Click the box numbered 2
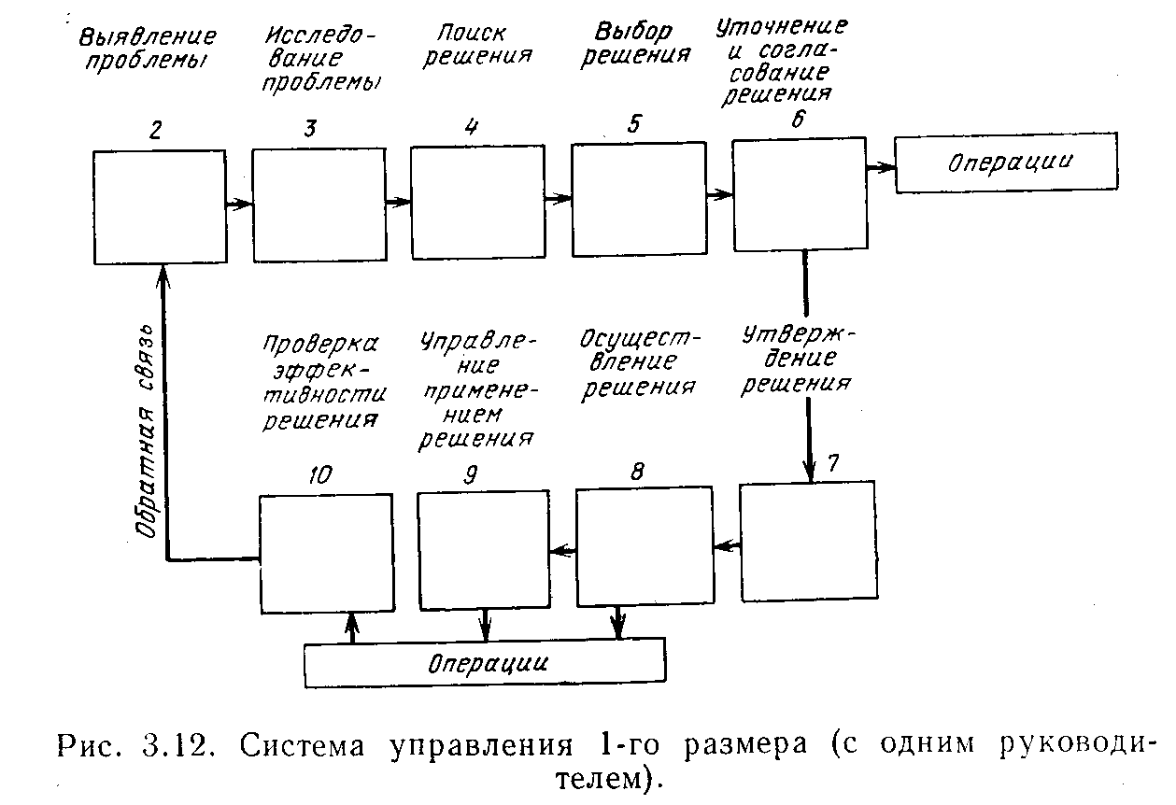point(160,207)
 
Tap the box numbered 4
point(478,203)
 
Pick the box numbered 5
point(638,199)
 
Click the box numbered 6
point(799,195)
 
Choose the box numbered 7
point(808,539)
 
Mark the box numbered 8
point(642,546)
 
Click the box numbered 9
point(483,550)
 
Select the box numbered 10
point(325,553)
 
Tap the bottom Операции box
point(485,662)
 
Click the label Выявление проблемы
point(147,49)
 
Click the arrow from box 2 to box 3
point(239,203)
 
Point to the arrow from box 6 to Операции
point(880,168)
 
